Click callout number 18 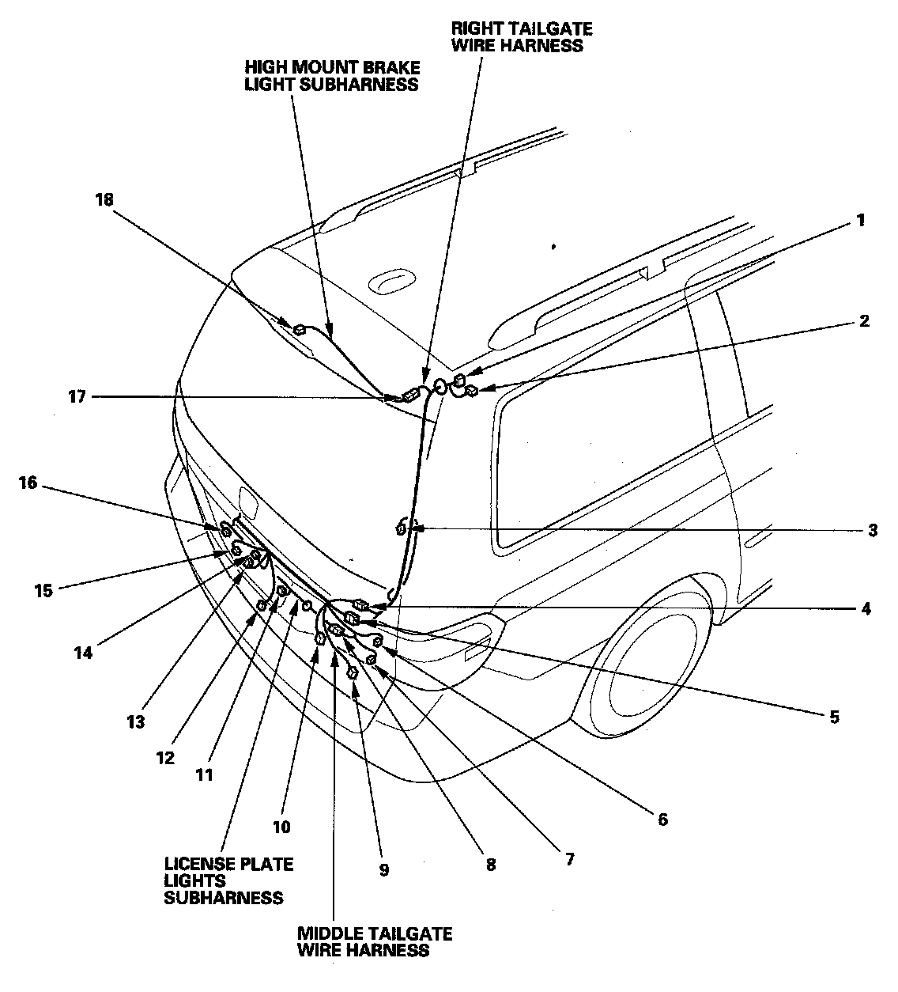[x=104, y=200]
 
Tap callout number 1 [x=860, y=221]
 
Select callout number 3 [x=872, y=531]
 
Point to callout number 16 [x=28, y=482]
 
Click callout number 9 [x=383, y=870]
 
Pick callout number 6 [x=662, y=820]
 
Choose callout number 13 [x=137, y=721]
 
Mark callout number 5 [x=833, y=717]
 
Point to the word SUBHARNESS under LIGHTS [x=224, y=897]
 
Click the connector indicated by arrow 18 [x=300, y=330]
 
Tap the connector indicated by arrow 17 [x=411, y=396]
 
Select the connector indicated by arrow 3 [x=402, y=528]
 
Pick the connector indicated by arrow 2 [x=470, y=390]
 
